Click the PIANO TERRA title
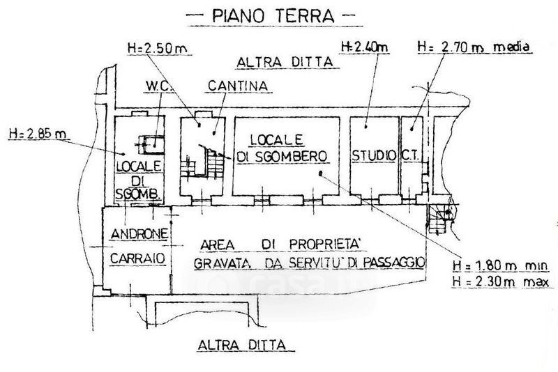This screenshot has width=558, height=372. [x=273, y=16]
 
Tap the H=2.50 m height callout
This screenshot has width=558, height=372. [x=158, y=48]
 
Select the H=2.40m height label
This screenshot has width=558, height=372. [x=364, y=47]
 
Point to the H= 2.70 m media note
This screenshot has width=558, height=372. [x=474, y=47]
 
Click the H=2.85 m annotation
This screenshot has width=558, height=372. [x=38, y=134]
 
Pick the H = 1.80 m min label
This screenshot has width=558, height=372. [x=500, y=265]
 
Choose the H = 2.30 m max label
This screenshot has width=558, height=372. [x=501, y=281]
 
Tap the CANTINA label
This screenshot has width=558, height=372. [x=238, y=86]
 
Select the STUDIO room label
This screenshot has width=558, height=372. [x=374, y=155]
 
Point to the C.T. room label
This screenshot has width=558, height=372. [x=411, y=155]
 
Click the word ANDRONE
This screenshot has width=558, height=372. [x=139, y=234]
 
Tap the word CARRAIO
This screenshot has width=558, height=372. [x=137, y=258]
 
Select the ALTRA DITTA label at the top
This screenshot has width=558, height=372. [x=285, y=62]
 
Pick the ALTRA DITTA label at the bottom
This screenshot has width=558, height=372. [x=242, y=345]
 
